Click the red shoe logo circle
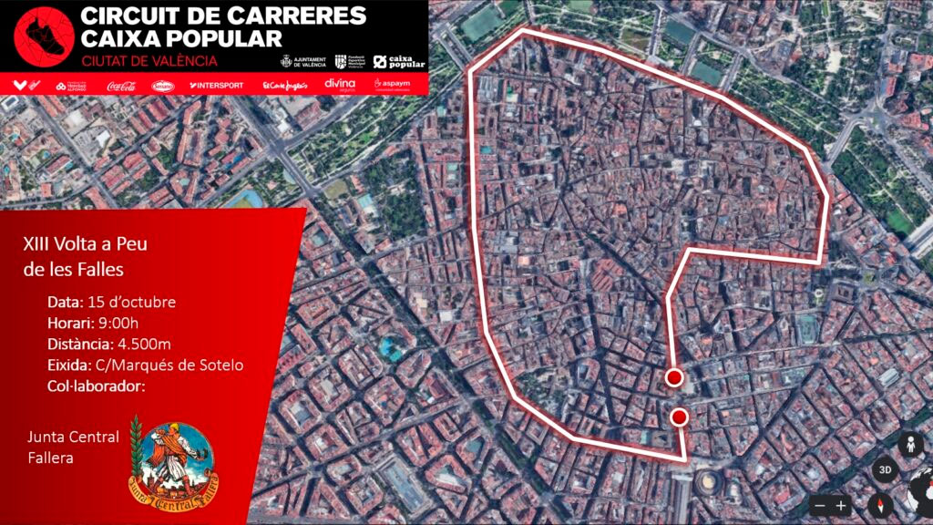click(x=42, y=36)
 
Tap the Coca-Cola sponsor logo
click(x=121, y=86)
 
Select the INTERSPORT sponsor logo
click(x=217, y=86)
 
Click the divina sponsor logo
click(x=339, y=85)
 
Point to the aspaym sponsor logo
click(x=393, y=85)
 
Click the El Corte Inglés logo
click(x=286, y=86)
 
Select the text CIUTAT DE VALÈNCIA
click(x=149, y=61)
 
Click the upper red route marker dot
click(x=674, y=377)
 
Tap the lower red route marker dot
click(x=679, y=417)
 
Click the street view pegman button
click(x=909, y=446)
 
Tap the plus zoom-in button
click(x=841, y=505)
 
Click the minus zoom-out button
click(x=820, y=505)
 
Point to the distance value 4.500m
click(x=147, y=345)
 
